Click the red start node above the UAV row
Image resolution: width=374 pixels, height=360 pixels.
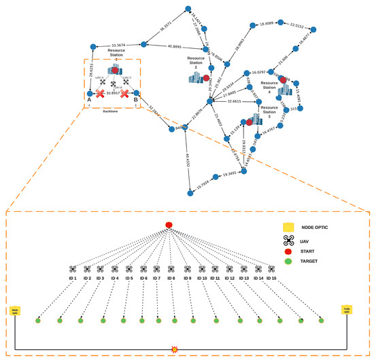pyautogui.click(x=170, y=225)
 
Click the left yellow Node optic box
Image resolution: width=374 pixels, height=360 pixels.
pyautogui.click(x=14, y=310)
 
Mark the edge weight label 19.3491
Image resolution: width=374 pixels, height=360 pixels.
pyautogui.click(x=231, y=175)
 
